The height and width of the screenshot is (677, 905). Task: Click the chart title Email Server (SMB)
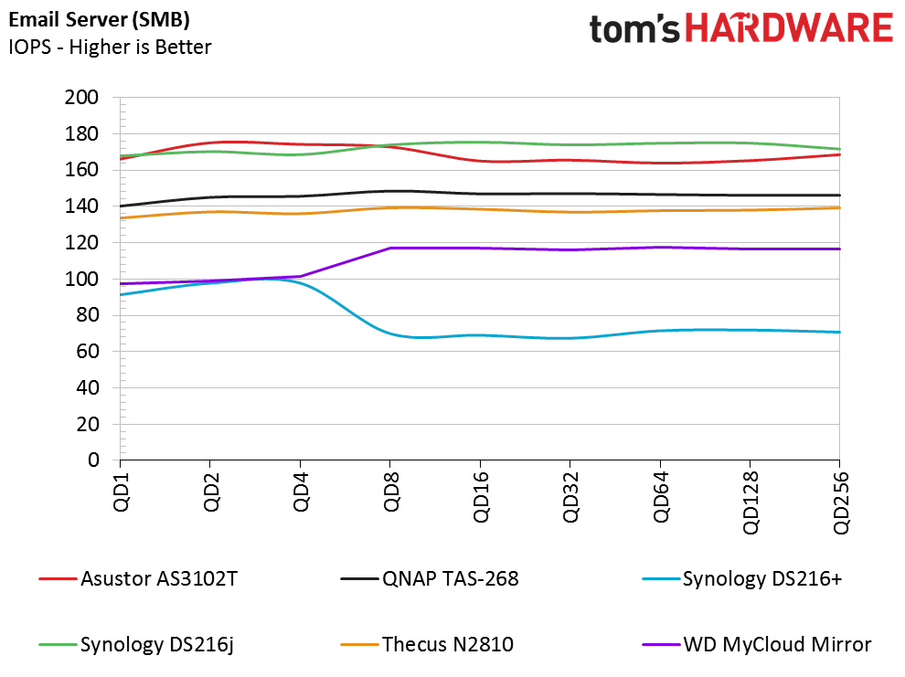100,20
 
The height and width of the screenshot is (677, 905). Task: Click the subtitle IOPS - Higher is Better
110,47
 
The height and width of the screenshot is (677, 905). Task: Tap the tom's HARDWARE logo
741,28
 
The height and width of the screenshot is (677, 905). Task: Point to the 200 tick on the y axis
81,97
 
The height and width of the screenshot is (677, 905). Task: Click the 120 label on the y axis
81,242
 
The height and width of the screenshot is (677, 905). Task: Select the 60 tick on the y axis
87,351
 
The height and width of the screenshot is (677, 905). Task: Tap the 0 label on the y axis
93,460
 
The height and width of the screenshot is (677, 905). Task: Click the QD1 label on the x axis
122,492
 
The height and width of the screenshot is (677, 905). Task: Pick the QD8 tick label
391,492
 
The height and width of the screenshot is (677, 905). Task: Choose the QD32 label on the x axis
570,497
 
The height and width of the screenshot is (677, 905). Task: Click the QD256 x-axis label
841,502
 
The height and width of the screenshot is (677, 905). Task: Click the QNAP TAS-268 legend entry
430,578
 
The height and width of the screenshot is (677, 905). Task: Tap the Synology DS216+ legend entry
742,578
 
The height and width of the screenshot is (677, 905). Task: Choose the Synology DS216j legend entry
137,644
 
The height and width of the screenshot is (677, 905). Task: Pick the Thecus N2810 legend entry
427,644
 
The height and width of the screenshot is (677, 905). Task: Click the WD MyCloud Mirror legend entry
757,644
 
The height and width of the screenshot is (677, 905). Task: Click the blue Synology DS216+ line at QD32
570,338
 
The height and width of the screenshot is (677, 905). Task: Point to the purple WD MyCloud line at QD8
390,248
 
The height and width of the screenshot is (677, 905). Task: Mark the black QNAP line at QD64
660,195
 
